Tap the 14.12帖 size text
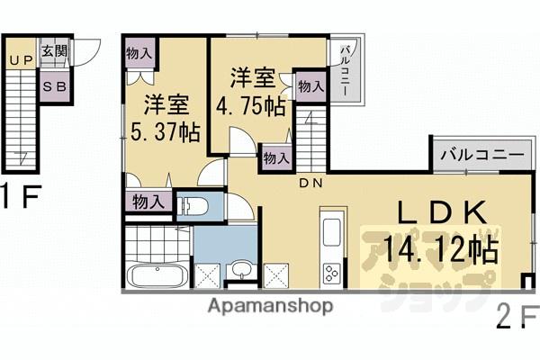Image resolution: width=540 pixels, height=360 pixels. coord(440,249)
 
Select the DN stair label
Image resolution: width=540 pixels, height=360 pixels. coord(311,184)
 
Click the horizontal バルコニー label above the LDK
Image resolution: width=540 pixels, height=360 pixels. coord(481,155)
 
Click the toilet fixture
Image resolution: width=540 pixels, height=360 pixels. coord(193,206)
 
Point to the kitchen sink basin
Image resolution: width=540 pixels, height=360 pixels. coord(330,229)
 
